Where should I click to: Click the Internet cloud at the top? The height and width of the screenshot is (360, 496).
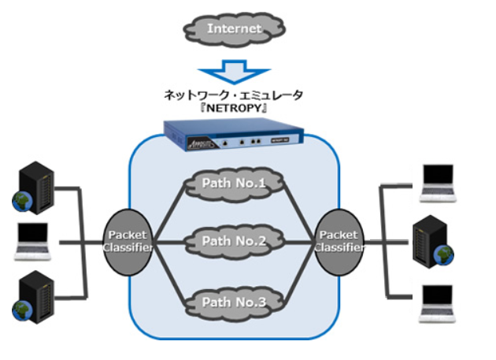234,29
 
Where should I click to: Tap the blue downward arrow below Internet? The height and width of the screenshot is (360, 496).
234,73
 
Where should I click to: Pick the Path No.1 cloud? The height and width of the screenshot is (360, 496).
235,185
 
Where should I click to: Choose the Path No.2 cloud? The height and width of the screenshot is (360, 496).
235,239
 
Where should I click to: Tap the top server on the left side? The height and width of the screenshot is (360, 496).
36,184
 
